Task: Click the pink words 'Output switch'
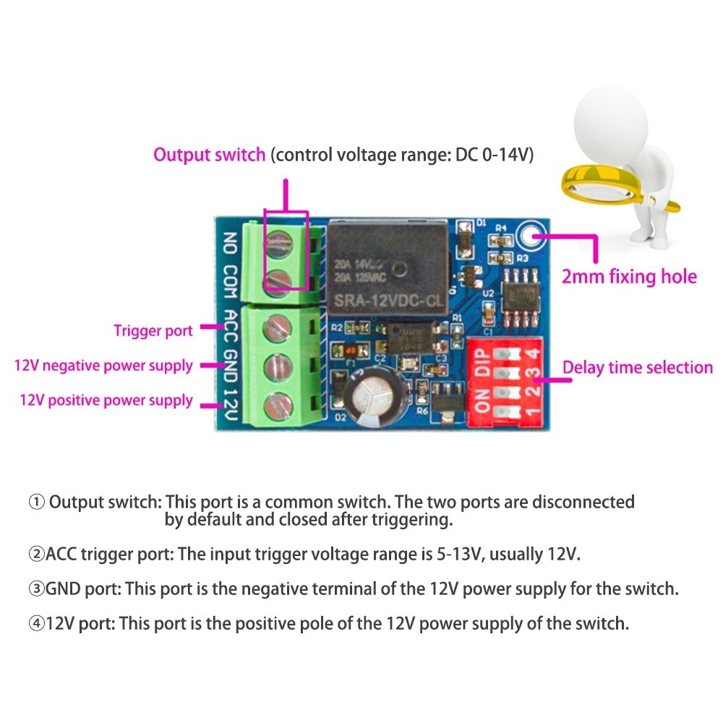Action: [x=209, y=155]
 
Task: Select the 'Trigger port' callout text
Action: [x=153, y=331]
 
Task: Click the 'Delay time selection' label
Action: [x=638, y=367]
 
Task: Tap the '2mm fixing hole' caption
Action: [x=629, y=276]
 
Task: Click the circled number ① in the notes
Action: [x=36, y=502]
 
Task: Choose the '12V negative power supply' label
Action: [x=103, y=366]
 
